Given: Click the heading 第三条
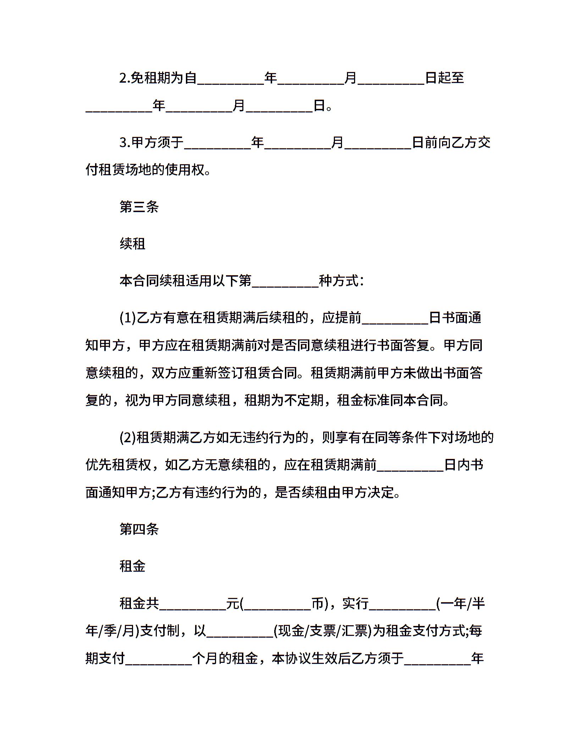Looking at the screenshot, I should (139, 207).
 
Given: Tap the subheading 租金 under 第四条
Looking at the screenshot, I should (133, 566).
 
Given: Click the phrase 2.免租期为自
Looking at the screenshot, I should (158, 78).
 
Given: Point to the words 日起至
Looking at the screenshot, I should (445, 78).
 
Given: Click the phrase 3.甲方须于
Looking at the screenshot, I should (151, 143).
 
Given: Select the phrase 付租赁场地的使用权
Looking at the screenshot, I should (145, 170).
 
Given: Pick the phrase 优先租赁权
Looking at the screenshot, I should (118, 465).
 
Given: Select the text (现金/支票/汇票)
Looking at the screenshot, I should (322, 631).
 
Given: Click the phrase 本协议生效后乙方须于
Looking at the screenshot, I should (338, 659).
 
